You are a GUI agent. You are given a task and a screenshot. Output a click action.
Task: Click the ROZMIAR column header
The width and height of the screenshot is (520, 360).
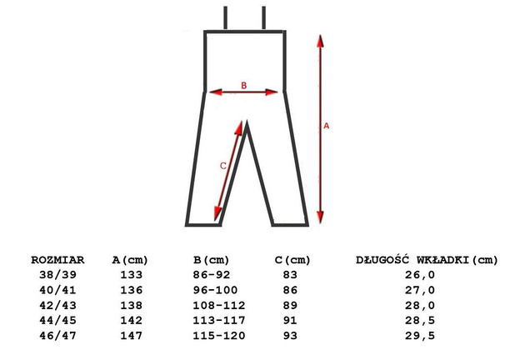pyautogui.click(x=57, y=260)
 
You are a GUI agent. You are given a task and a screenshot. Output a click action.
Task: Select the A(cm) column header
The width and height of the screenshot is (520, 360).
pyautogui.click(x=130, y=260)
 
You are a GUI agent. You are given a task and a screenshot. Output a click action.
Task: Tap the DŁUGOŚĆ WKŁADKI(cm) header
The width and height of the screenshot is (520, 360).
pyautogui.click(x=427, y=260)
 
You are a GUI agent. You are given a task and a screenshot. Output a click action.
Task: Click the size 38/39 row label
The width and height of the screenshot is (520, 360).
pyautogui.click(x=57, y=275)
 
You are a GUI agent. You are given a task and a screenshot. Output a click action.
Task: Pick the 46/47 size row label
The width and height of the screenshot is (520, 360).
pyautogui.click(x=57, y=336)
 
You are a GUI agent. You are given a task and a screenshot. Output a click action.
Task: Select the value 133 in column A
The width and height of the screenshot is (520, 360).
pyautogui.click(x=132, y=275)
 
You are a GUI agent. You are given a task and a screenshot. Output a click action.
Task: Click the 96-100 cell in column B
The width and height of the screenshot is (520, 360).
pyautogui.click(x=215, y=290)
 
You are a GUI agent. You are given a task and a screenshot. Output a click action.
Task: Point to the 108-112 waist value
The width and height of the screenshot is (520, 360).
pyautogui.click(x=219, y=305)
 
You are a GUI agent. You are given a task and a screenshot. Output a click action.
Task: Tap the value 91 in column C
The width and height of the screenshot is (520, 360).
pyautogui.click(x=290, y=321)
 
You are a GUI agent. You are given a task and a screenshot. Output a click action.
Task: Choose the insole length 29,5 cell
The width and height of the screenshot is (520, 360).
pyautogui.click(x=419, y=336)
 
